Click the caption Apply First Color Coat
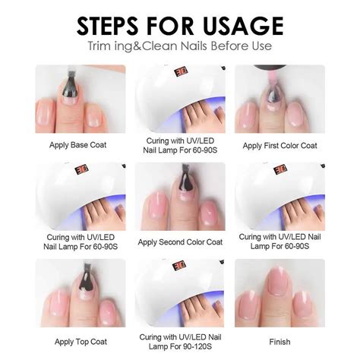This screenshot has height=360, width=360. coord(279,144)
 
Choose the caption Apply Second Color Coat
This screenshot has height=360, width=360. coord(180,242)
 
